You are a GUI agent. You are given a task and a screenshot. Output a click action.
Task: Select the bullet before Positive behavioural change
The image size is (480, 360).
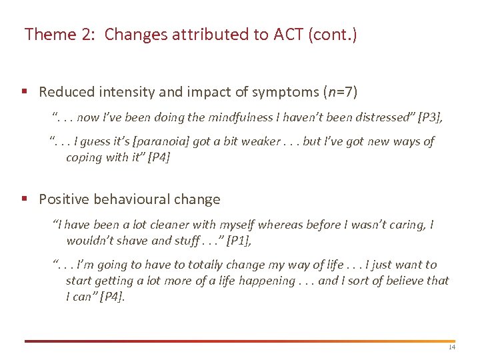point(24,199)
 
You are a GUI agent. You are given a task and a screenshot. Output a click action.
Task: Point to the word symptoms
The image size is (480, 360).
point(297,92)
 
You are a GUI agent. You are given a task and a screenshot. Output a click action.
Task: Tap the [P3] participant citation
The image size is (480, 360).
point(429,118)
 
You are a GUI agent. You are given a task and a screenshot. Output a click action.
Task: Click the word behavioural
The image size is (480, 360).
point(131,199)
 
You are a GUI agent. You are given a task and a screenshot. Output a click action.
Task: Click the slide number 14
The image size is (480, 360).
point(452,347)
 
